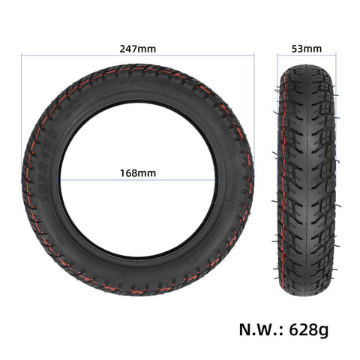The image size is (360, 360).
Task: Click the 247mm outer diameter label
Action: point(138,49)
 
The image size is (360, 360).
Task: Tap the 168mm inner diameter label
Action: point(138,172)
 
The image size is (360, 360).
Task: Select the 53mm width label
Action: point(307,49)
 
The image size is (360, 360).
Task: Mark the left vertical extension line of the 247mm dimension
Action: point(21,112)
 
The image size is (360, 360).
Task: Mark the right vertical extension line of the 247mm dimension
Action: point(255,112)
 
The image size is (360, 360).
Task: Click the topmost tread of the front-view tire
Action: point(138,69)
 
